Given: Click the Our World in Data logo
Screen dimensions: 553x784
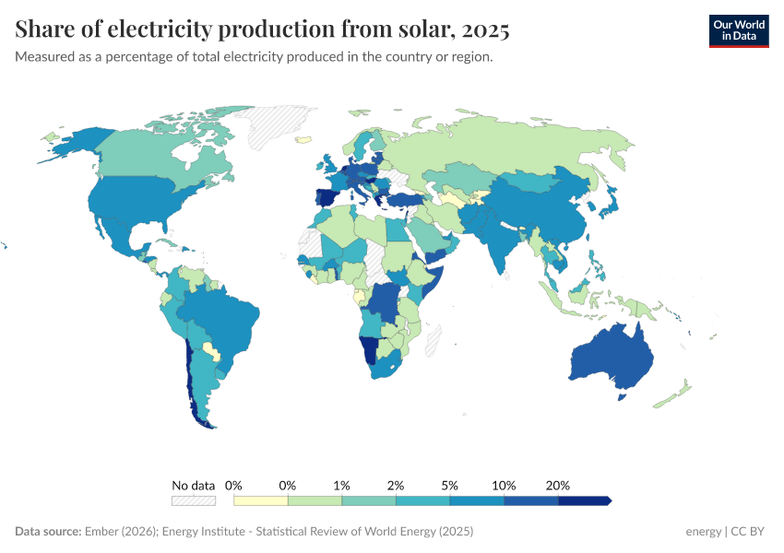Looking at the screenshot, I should click(738, 30).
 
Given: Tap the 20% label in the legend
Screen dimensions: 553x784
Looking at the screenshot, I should click(558, 485).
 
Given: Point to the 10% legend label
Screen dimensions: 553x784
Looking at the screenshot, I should click(504, 485).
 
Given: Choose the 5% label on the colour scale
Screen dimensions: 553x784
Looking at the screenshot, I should click(450, 485).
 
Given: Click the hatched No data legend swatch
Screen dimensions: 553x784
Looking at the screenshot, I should click(193, 500).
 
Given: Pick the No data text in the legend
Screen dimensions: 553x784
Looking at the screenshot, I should click(193, 485).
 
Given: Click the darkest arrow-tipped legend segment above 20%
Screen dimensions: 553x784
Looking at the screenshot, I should click(584, 500).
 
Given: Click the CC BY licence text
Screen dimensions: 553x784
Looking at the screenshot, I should click(749, 532).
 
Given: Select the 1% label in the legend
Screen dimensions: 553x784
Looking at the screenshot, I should click(342, 485).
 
